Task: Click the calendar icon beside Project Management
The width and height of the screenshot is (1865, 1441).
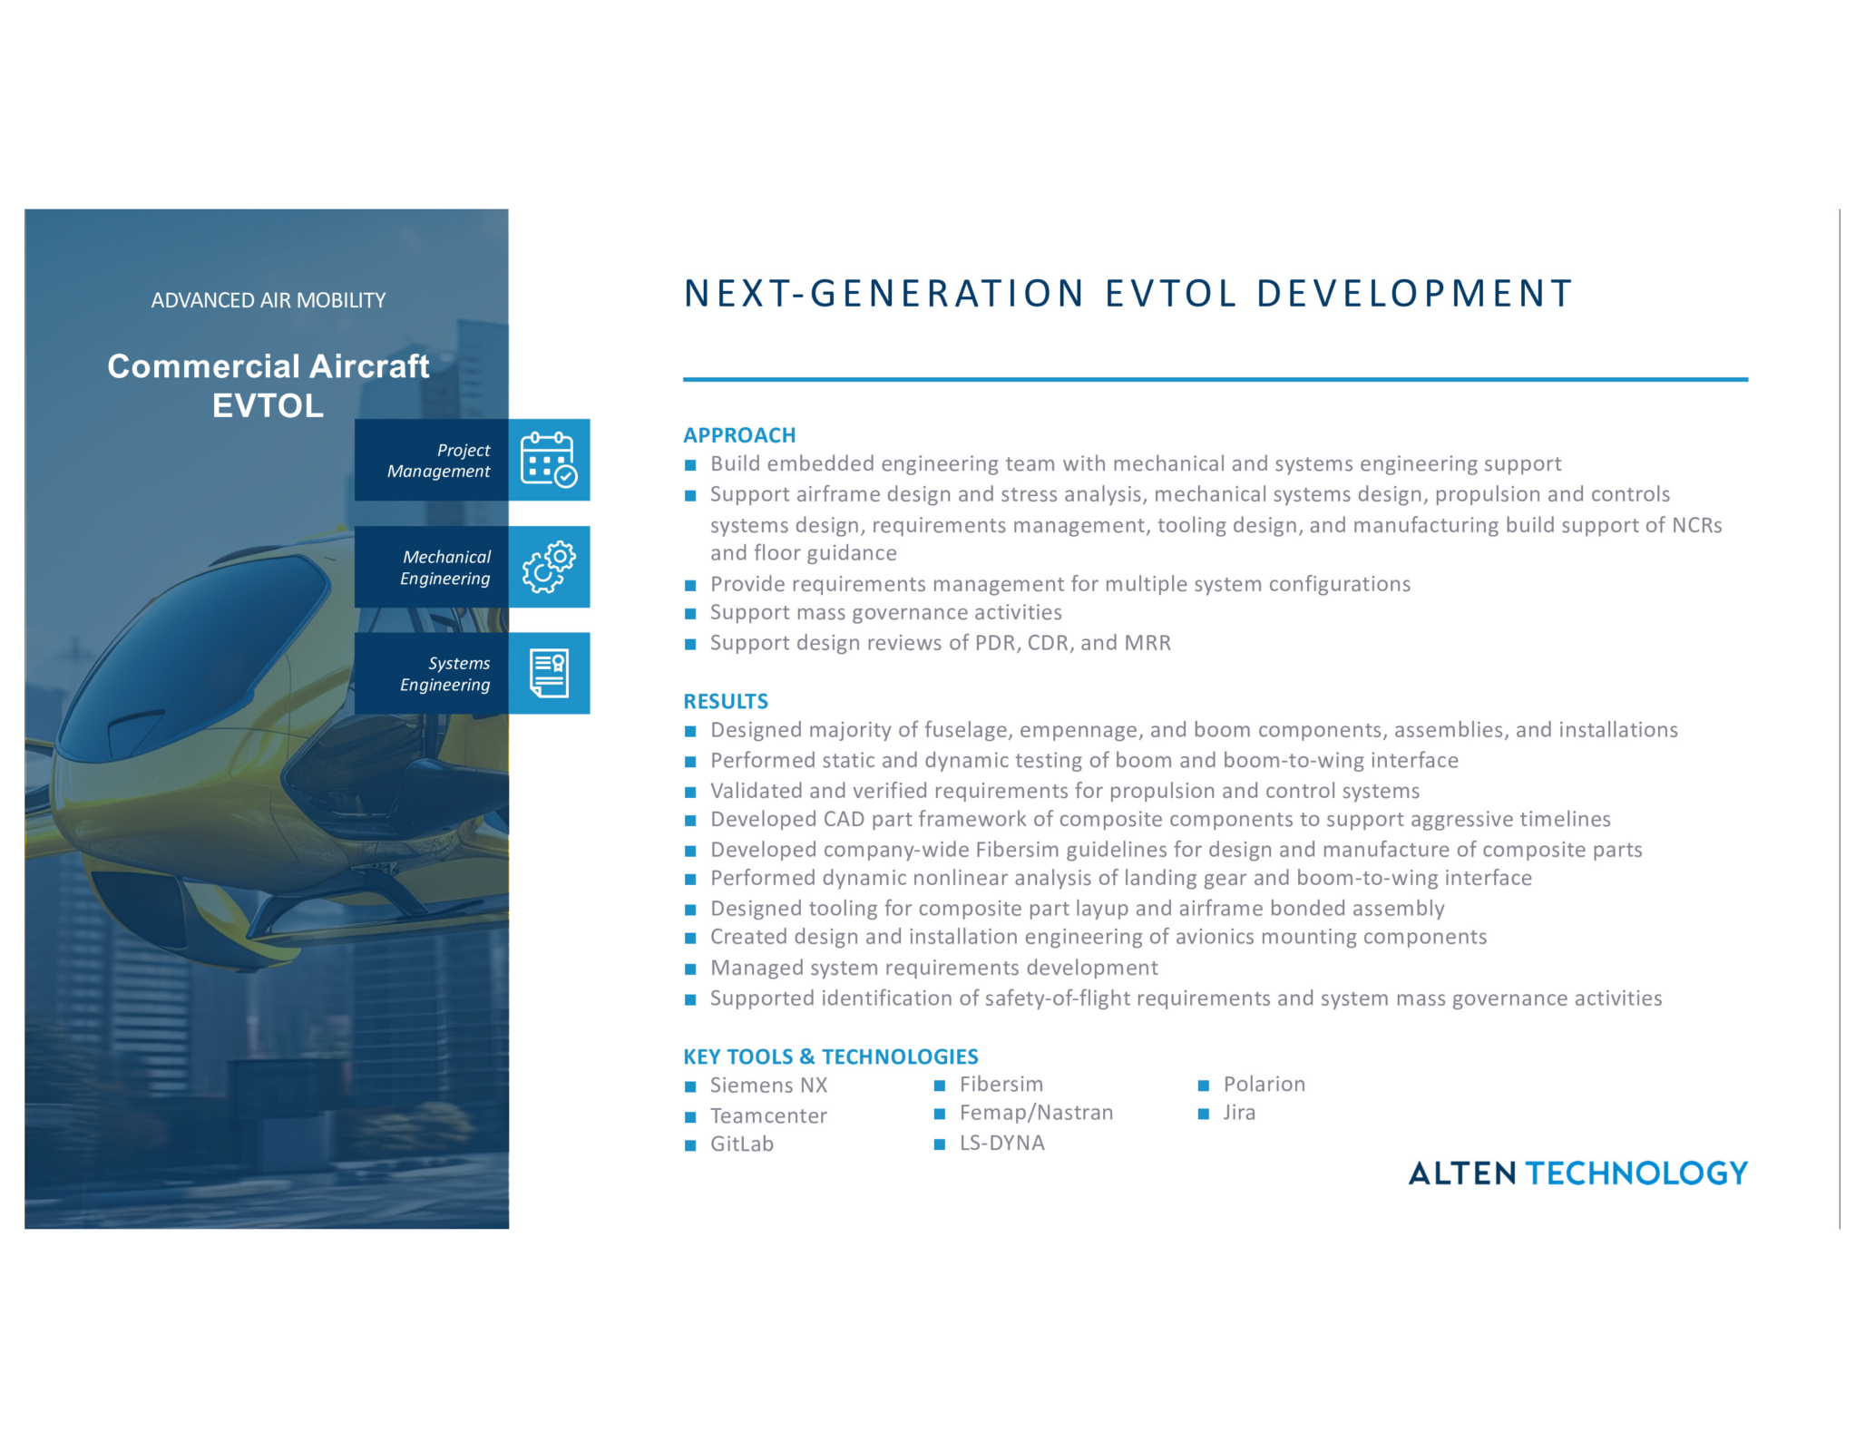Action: click(549, 460)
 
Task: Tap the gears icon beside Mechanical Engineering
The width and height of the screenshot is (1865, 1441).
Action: click(549, 567)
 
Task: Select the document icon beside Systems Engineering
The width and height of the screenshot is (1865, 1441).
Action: click(549, 673)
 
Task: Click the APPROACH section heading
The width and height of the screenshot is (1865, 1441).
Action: click(739, 435)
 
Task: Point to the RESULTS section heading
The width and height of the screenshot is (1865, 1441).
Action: click(726, 701)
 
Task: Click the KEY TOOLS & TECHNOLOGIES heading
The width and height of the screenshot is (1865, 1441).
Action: click(831, 1056)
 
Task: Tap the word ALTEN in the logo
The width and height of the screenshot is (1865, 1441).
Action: click(1462, 1173)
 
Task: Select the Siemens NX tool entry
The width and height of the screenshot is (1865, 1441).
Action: click(768, 1086)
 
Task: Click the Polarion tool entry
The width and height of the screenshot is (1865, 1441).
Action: click(1264, 1085)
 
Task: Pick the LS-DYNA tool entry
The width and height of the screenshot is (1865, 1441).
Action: click(1001, 1143)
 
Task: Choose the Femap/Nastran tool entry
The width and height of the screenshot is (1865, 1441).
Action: click(1036, 1113)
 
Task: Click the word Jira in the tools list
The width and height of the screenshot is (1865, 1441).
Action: click(1239, 1113)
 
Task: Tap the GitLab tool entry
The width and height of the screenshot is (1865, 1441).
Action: click(742, 1144)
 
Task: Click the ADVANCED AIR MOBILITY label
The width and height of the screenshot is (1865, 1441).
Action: click(269, 300)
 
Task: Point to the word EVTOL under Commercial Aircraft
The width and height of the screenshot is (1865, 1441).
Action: click(268, 405)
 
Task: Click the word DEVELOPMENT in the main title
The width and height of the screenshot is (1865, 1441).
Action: click(1414, 294)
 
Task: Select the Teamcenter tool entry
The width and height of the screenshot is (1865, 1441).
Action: click(768, 1116)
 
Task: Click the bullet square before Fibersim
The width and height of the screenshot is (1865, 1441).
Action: click(940, 1086)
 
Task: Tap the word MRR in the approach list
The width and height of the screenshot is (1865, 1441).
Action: click(1147, 643)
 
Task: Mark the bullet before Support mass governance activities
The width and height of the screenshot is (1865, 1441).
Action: click(690, 614)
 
